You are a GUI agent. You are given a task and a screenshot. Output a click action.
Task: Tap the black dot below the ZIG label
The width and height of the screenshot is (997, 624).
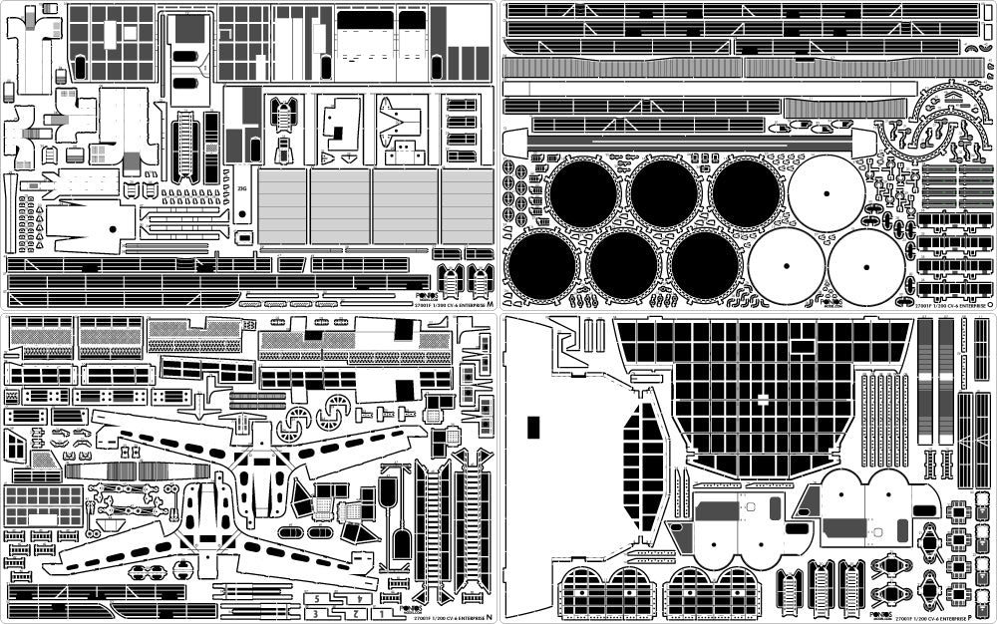click(241, 213)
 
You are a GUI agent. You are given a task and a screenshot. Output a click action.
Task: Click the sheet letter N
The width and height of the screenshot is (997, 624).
click(489, 613)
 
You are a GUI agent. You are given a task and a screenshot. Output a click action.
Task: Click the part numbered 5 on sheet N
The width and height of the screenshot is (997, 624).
click(316, 599)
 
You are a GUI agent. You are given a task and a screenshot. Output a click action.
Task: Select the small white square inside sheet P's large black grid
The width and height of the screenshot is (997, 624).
click(762, 399)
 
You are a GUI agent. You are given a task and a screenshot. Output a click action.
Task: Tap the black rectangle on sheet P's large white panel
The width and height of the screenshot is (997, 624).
click(532, 427)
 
